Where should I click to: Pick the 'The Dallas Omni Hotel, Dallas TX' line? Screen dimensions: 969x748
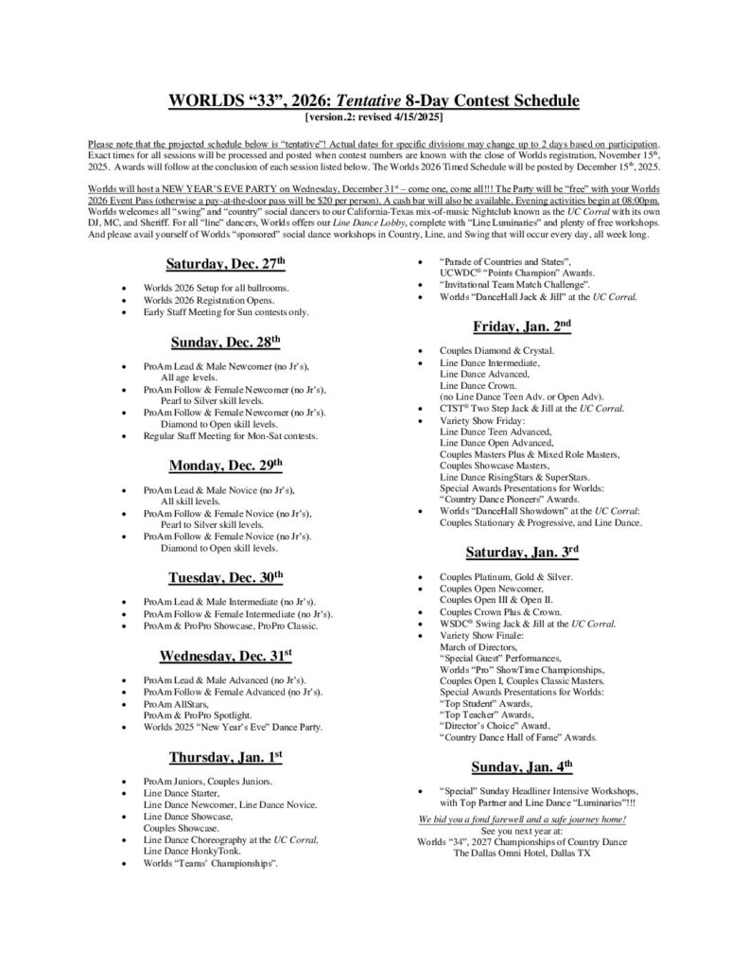coord(522,853)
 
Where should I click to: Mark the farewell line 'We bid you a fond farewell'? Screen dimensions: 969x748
coord(522,818)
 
